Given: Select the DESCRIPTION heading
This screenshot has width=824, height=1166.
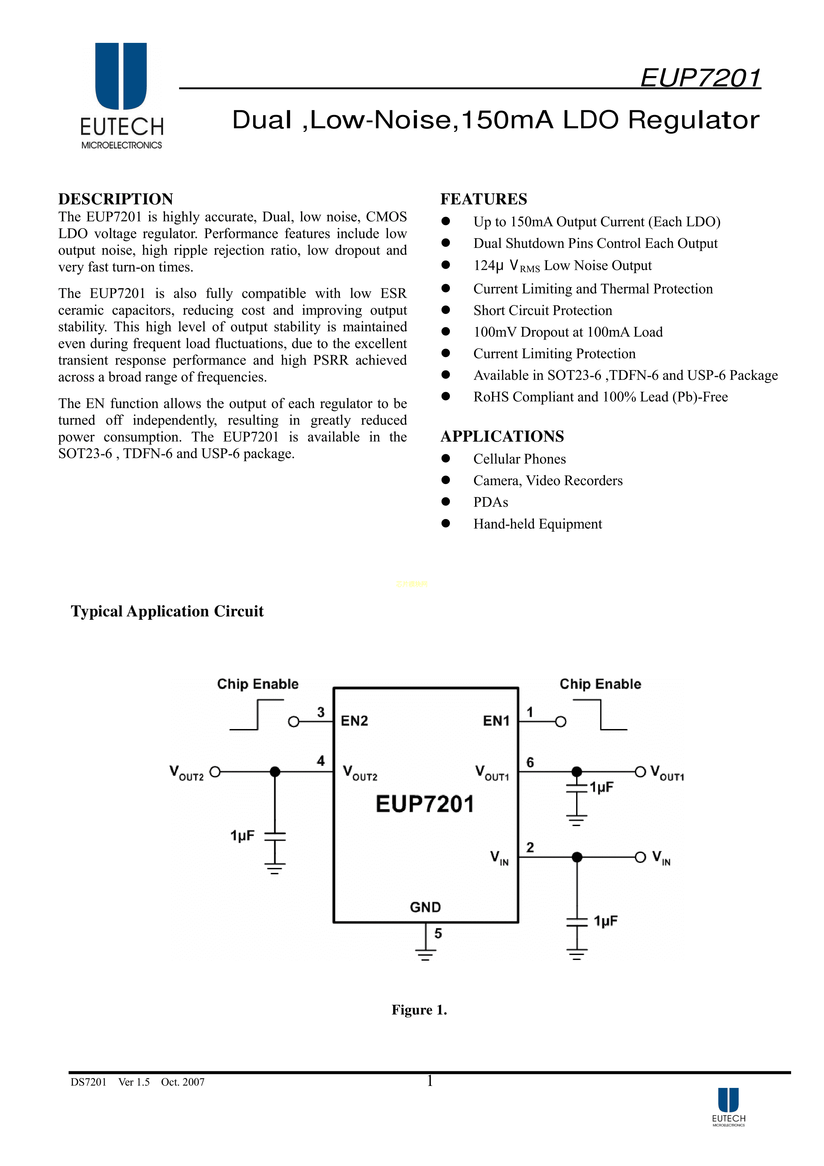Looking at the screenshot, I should (x=116, y=199).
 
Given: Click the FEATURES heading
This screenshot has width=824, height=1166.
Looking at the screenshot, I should (x=483, y=199).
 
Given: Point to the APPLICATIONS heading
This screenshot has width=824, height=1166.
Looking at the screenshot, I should (x=502, y=436).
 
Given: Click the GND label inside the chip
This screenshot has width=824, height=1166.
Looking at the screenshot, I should (x=425, y=907).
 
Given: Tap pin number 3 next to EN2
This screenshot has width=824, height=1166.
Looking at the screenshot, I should (x=321, y=712).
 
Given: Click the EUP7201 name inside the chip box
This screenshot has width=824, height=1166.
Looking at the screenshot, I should (x=425, y=804).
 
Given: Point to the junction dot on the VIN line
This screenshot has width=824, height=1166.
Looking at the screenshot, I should (x=577, y=857).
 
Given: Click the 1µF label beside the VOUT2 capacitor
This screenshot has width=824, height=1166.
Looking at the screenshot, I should (x=243, y=835).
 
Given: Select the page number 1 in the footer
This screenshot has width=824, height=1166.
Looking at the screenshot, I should (x=430, y=1081).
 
